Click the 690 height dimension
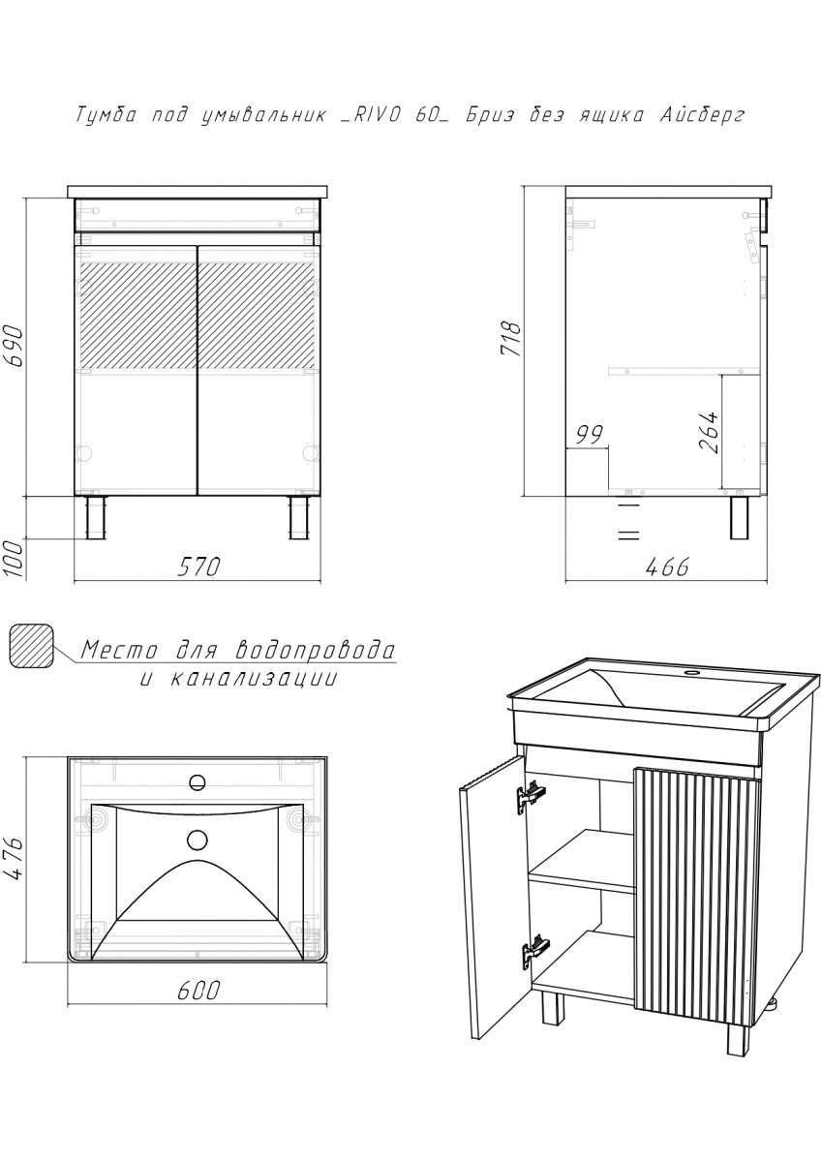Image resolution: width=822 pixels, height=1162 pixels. [14, 346]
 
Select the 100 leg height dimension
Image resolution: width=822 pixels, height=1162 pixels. [14, 558]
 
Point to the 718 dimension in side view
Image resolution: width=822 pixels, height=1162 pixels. [510, 339]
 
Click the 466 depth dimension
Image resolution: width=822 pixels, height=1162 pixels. [666, 567]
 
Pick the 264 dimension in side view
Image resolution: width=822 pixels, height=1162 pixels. [709, 433]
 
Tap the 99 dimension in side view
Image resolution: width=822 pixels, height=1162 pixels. [589, 434]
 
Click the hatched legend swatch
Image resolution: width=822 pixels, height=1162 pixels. [31, 646]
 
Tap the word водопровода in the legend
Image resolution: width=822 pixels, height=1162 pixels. [315, 651]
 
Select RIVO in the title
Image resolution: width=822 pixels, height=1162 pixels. [372, 115]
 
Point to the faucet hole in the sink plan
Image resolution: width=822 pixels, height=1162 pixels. [198, 782]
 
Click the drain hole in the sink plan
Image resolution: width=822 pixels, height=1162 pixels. [198, 840]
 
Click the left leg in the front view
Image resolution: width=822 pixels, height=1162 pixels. [96, 517]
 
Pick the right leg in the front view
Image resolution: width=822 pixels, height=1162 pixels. [299, 517]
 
